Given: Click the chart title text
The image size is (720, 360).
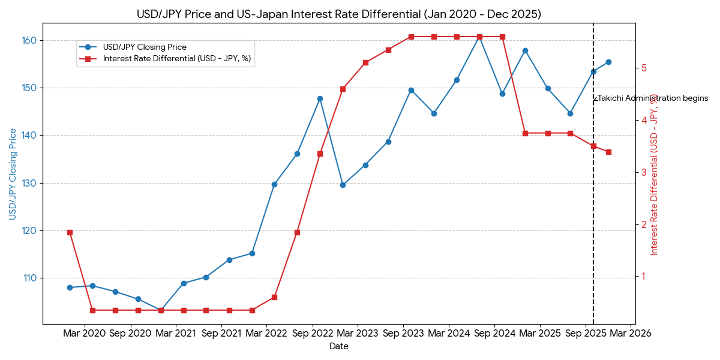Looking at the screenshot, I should [338, 14].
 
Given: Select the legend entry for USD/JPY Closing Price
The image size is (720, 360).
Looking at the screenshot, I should [144, 47].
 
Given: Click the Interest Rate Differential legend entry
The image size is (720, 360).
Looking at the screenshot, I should [176, 59].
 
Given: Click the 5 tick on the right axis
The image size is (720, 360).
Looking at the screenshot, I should [644, 68].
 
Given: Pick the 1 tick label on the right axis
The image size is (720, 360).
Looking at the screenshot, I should [644, 277].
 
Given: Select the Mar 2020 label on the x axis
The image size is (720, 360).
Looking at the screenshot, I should [85, 333].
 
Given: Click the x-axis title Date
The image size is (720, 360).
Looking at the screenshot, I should [338, 347].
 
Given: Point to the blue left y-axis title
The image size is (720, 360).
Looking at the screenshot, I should [13, 174].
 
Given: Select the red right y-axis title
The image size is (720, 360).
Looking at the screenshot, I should [655, 174].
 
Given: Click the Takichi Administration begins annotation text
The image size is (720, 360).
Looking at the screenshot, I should [652, 98].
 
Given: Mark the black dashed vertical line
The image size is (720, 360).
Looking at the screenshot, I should [593, 210].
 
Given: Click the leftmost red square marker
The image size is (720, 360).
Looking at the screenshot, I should [70, 232].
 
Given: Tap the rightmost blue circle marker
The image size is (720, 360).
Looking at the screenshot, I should [608, 62].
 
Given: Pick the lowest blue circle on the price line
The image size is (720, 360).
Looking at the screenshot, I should [161, 310].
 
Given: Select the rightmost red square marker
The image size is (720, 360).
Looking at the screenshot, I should [608, 152].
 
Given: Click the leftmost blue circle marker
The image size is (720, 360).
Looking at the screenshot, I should [70, 287].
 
